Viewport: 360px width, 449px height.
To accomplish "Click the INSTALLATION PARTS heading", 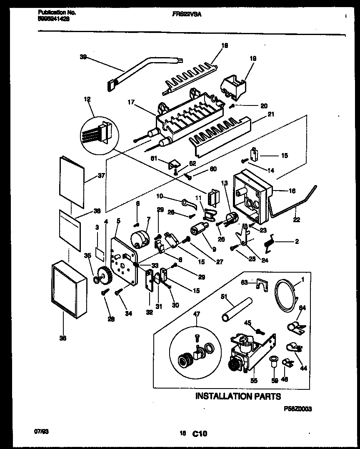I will click(x=238, y=396).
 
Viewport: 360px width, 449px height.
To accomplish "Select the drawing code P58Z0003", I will click(x=297, y=409).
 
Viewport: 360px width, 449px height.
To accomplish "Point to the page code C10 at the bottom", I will click(x=200, y=434).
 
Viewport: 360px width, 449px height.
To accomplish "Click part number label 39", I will click(x=83, y=57).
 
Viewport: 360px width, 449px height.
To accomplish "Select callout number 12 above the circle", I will click(x=87, y=100).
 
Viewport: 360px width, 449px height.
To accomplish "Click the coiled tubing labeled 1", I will click(x=286, y=296).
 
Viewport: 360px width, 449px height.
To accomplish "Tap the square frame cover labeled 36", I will click(x=69, y=290).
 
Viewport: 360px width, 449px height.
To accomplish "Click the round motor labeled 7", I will click(x=140, y=239).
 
